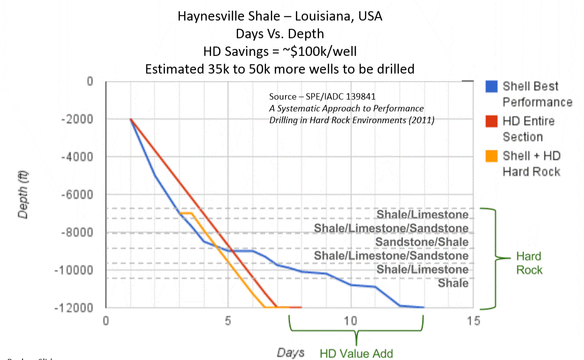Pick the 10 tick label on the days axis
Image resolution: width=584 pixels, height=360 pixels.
[350, 321]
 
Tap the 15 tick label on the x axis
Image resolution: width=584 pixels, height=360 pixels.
[473, 321]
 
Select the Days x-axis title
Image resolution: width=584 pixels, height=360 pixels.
[291, 352]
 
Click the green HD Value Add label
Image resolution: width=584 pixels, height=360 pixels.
[356, 353]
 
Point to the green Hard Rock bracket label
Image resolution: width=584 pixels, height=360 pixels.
[529, 263]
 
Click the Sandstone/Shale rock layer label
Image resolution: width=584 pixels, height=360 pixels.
[422, 242]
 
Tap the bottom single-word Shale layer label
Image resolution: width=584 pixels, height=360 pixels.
[453, 283]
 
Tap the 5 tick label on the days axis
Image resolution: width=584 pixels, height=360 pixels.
[228, 321]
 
